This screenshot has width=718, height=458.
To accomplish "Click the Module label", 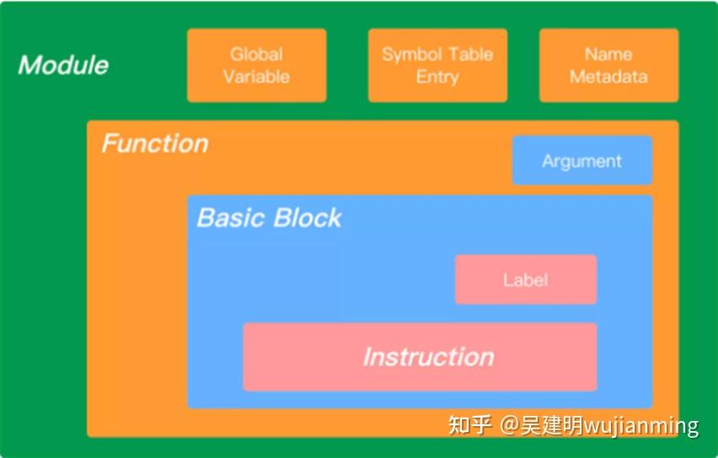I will tap(63, 65).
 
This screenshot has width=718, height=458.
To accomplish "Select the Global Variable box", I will tap(256, 66).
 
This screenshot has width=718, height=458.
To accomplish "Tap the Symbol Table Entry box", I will tap(437, 66).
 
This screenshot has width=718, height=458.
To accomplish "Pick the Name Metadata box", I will tap(608, 66).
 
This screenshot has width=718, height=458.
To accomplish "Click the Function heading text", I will tap(155, 143).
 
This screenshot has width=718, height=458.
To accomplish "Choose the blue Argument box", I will tap(581, 161).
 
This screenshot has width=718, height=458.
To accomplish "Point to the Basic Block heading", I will tap(269, 218).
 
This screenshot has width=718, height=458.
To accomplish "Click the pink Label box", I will tap(525, 280).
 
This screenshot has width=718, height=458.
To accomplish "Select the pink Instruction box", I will tap(420, 357).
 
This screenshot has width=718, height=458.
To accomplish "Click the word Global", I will tap(256, 55).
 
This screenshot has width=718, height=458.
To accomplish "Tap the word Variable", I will tap(256, 77).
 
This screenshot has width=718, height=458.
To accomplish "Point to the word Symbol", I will tap(410, 55).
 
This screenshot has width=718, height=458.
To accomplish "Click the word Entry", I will tap(437, 77).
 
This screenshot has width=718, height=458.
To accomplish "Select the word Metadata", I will tap(608, 77).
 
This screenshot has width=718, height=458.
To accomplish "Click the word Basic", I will tap(228, 218).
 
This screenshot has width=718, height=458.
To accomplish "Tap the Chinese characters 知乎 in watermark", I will tap(470, 425).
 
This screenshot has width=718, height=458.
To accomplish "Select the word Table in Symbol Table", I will tap(470, 55).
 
